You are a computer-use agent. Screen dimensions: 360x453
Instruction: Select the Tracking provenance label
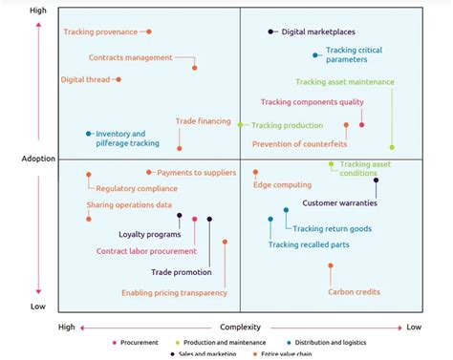coord(100,32)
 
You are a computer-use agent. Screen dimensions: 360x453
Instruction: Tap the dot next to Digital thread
coord(119,79)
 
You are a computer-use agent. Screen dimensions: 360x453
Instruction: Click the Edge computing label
coord(282,184)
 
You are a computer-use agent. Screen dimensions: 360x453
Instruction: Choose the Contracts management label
coord(130,57)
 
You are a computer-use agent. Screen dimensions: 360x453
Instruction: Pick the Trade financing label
coord(203,121)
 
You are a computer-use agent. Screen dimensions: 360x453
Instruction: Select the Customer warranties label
coord(339,202)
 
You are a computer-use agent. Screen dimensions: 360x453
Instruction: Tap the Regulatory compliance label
coord(130,188)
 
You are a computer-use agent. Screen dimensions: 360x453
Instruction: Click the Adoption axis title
coord(37,158)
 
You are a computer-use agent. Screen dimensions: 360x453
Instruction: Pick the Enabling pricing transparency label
coord(173,293)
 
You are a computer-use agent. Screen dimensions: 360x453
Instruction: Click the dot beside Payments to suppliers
coord(149,172)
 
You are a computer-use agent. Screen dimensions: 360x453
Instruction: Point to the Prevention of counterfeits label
coord(299,144)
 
